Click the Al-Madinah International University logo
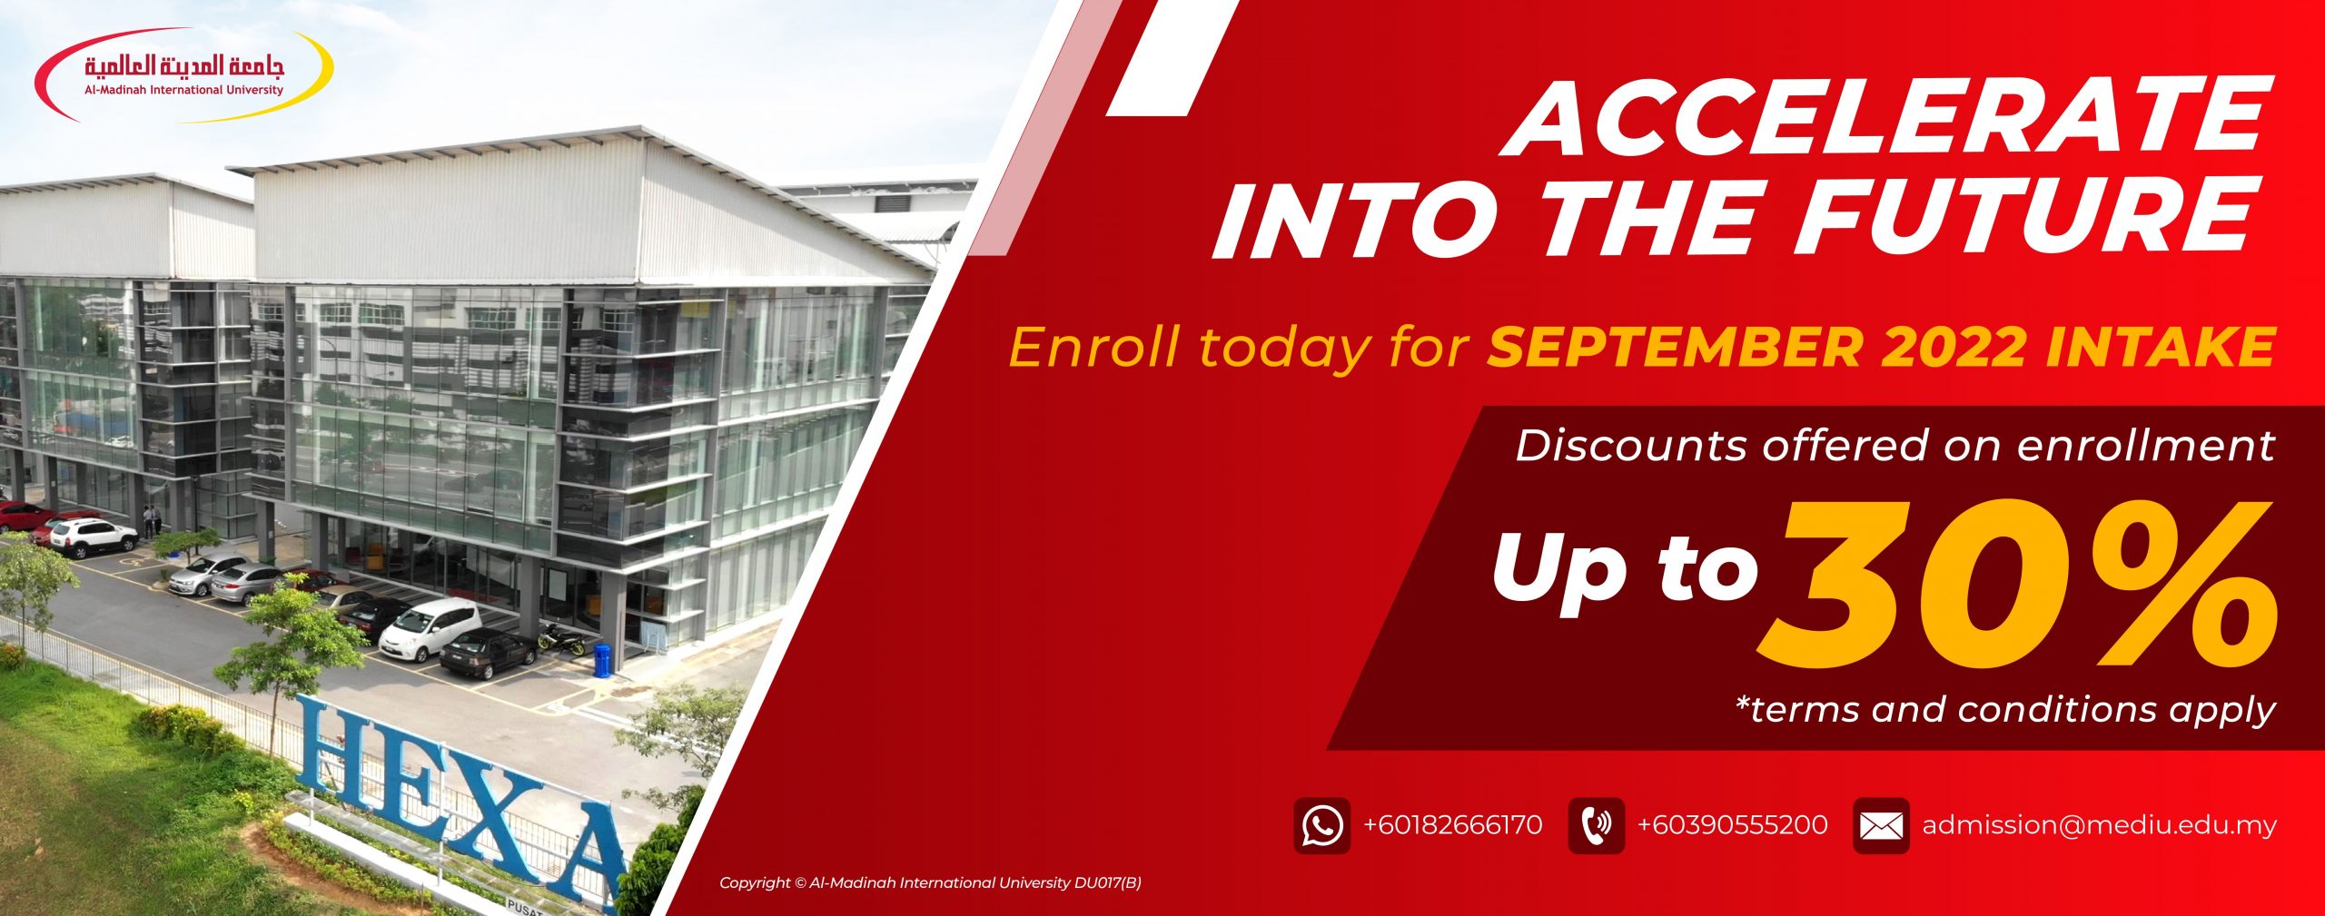click(x=184, y=76)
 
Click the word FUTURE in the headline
click(x=2030, y=217)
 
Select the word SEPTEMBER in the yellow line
click(x=1674, y=348)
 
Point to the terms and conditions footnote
click(x=2005, y=708)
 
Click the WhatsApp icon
click(x=1322, y=825)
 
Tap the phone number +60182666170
click(x=1452, y=825)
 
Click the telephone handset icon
click(x=1596, y=825)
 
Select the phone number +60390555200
click(x=1732, y=825)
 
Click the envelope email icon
click(x=1881, y=825)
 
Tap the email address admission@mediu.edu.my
click(x=2099, y=825)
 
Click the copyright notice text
click(x=930, y=882)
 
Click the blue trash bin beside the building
click(x=601, y=659)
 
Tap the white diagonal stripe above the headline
click(x=1172, y=57)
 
